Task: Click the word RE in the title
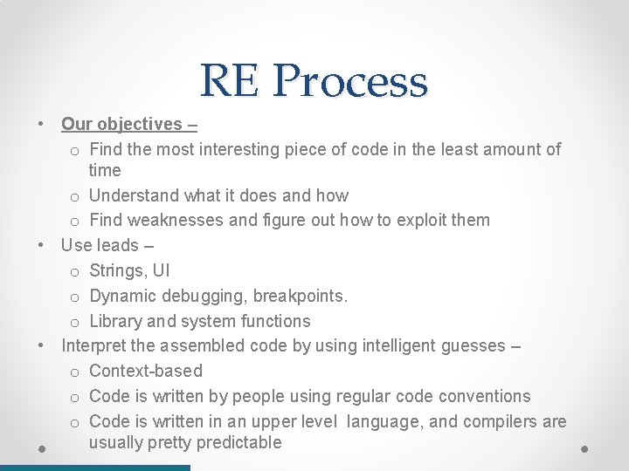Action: coord(229,81)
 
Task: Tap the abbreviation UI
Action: coord(162,271)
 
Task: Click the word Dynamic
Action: coord(126,296)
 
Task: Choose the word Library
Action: coord(119,321)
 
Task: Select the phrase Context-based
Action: coord(146,371)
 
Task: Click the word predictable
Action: coord(239,442)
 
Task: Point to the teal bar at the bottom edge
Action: coord(94,468)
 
